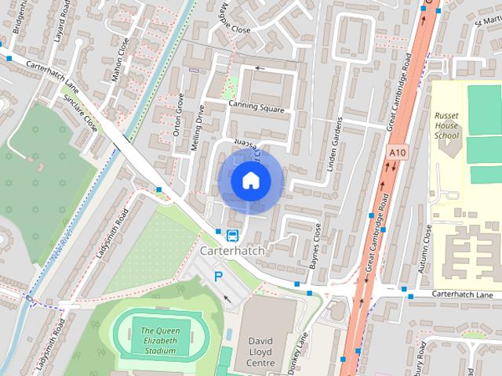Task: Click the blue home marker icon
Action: (x=250, y=181)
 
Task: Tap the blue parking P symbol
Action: (x=219, y=276)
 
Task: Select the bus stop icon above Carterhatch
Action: (x=232, y=235)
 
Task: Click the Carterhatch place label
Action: (x=233, y=251)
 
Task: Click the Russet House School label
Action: (x=446, y=125)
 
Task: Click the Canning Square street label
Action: (x=256, y=107)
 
